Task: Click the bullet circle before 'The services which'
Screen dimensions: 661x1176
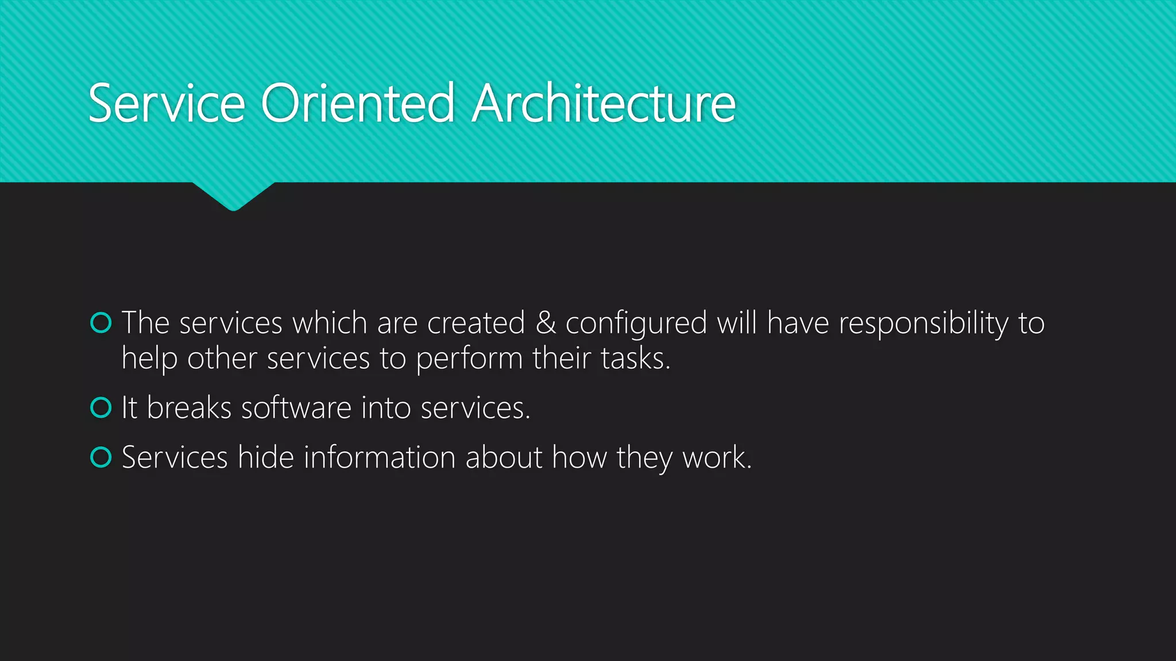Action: click(x=101, y=323)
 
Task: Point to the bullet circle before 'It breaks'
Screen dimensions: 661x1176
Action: click(x=101, y=408)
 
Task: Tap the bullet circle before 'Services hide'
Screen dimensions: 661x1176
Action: click(x=101, y=457)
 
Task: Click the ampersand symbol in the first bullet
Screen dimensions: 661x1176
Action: click(x=546, y=323)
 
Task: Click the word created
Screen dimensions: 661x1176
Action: click(x=476, y=323)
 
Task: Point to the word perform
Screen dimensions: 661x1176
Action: click(x=469, y=360)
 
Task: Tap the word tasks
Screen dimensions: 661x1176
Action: click(x=634, y=359)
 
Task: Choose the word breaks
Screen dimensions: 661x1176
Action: click(x=189, y=408)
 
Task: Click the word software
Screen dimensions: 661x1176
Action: click(x=296, y=408)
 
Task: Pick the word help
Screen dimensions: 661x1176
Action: click(x=149, y=360)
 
